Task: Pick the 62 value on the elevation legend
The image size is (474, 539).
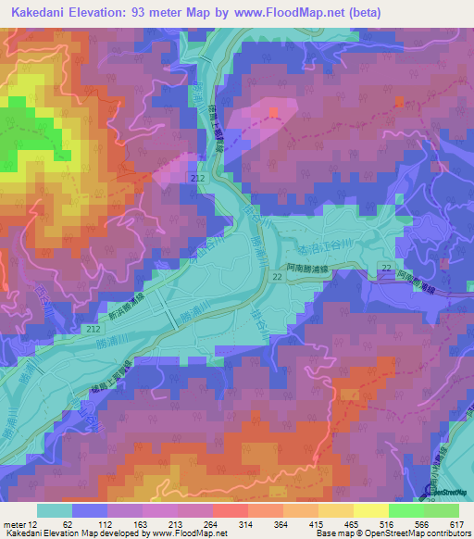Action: (x=68, y=523)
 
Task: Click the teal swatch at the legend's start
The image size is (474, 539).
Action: (x=54, y=510)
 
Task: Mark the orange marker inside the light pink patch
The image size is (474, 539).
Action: (x=273, y=112)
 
